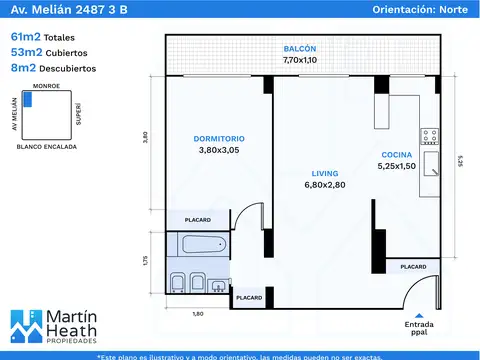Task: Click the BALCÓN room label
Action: pos(299,48)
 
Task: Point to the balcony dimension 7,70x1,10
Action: pos(299,60)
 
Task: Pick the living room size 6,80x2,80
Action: pos(323,185)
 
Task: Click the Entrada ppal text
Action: pos(419,330)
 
